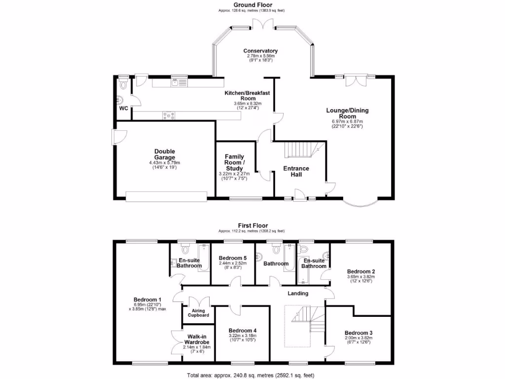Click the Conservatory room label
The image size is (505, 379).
260,51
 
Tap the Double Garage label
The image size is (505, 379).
164,154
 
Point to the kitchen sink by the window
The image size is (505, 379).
178,83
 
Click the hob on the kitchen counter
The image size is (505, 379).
169,115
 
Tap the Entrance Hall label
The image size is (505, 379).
296,171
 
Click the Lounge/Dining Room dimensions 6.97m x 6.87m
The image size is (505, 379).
347,121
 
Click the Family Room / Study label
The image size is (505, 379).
234,163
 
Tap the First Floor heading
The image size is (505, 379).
252,225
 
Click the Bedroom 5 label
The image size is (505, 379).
233,258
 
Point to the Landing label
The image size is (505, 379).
298,293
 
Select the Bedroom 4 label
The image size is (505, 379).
242,331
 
